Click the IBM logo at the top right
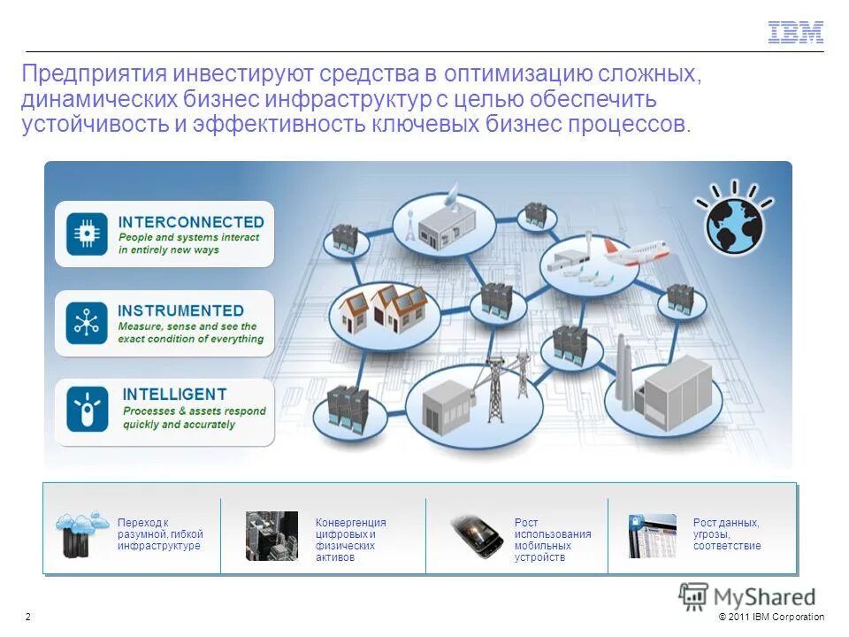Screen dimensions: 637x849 (x=795, y=33)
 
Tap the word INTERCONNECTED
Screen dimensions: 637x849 (x=191, y=222)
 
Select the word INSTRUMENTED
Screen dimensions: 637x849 (x=180, y=311)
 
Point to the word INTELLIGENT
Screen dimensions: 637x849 (x=174, y=395)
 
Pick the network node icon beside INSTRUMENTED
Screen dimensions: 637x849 (x=87, y=323)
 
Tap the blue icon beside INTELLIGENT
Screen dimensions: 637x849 (x=87, y=409)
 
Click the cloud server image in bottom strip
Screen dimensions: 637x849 (x=80, y=533)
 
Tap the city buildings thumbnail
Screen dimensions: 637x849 (x=272, y=535)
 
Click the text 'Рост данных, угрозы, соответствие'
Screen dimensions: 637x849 (x=726, y=534)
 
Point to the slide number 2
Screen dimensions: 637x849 (x=28, y=617)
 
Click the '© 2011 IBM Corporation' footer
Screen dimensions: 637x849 (x=771, y=617)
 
